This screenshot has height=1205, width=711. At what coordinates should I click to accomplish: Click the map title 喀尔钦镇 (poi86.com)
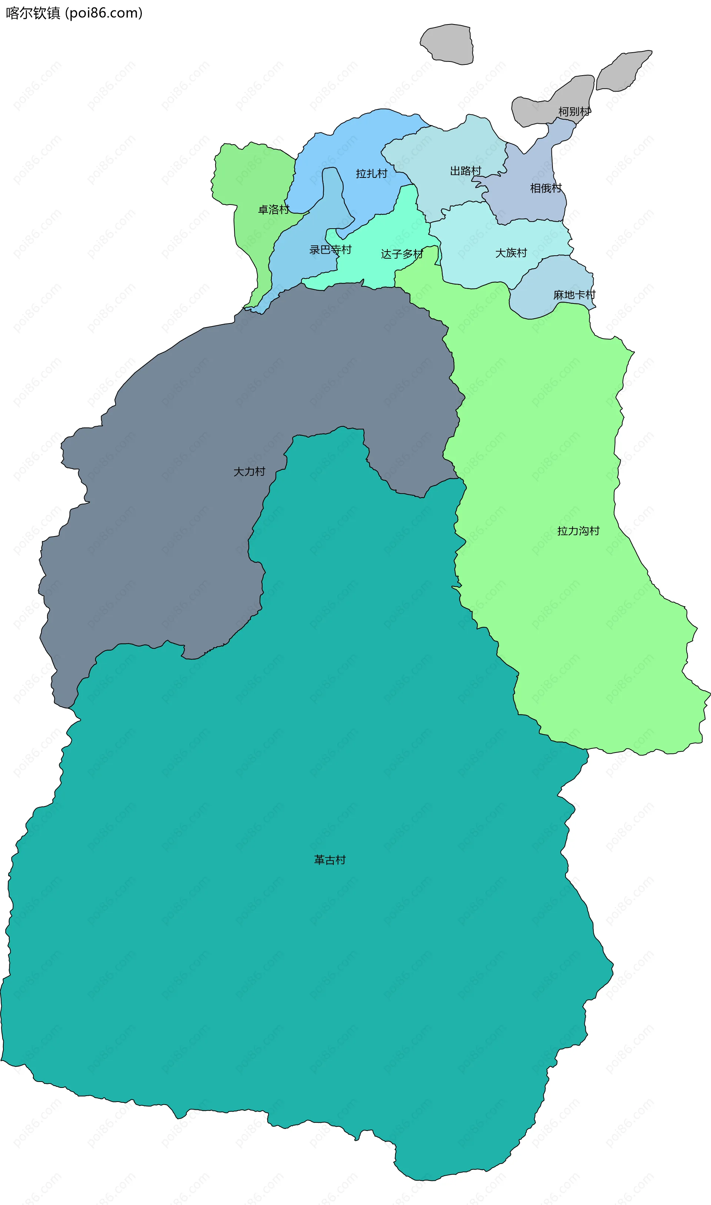click(x=74, y=13)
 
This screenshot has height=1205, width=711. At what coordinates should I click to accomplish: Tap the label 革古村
click(x=330, y=859)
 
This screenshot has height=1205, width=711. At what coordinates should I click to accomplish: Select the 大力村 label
click(x=249, y=472)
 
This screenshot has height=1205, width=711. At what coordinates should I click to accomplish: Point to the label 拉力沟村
click(x=578, y=531)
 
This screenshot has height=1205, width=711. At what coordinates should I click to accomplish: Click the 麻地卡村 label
click(x=574, y=295)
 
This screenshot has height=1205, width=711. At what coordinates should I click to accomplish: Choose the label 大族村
click(x=511, y=253)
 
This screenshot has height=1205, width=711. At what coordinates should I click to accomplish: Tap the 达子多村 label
click(x=402, y=254)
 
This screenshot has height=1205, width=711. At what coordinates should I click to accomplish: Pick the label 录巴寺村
click(x=330, y=250)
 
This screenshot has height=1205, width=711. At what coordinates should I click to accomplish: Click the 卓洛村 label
click(x=274, y=209)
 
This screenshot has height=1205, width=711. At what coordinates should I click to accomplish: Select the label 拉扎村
click(x=371, y=173)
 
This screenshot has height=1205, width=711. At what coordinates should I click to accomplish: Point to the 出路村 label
click(x=465, y=171)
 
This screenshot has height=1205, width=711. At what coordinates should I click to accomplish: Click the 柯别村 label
click(x=574, y=112)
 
